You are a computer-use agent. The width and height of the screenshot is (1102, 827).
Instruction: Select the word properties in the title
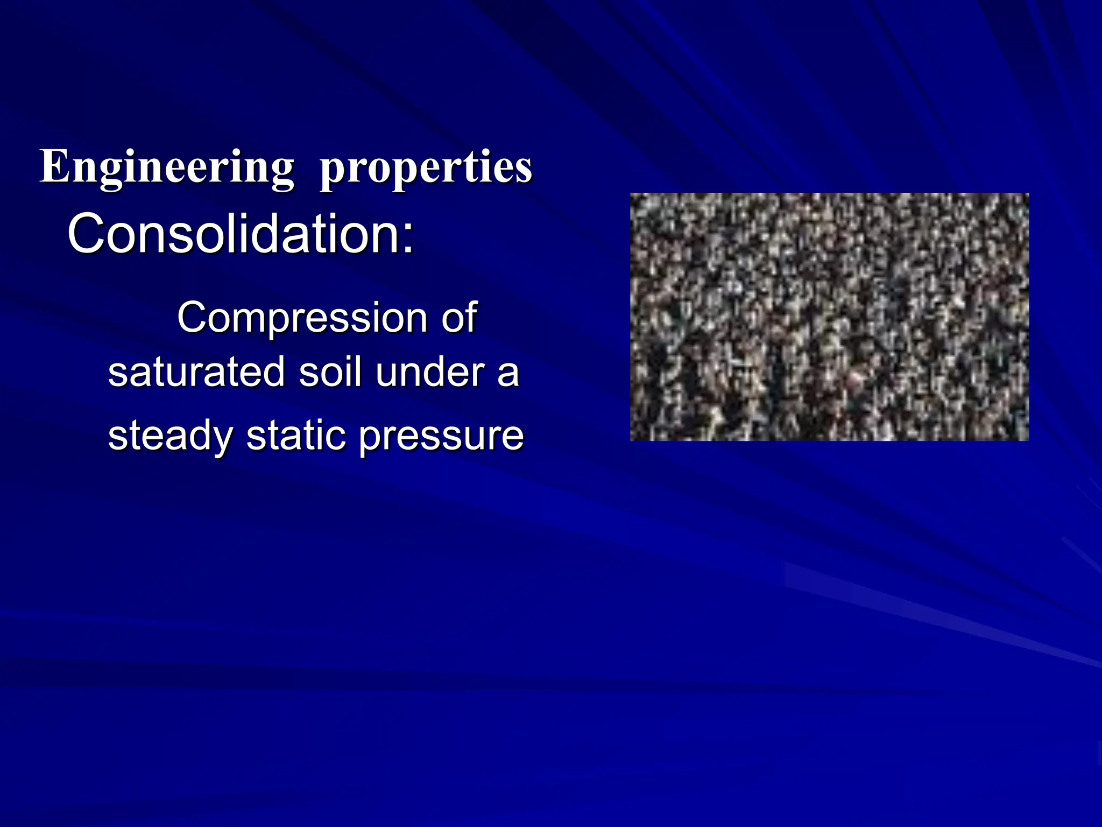(x=426, y=168)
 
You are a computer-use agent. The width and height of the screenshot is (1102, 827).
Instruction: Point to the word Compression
(x=302, y=318)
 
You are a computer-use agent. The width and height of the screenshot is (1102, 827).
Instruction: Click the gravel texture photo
(x=829, y=317)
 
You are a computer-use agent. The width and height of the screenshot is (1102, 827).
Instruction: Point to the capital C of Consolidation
(x=84, y=234)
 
